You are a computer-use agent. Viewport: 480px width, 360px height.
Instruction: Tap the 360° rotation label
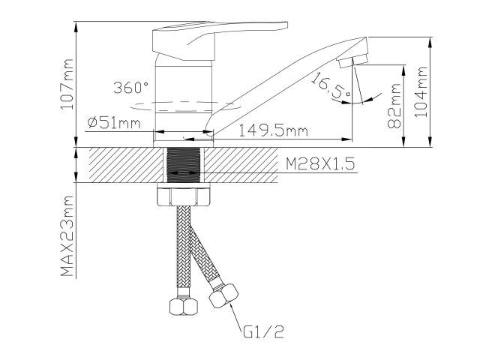133,87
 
